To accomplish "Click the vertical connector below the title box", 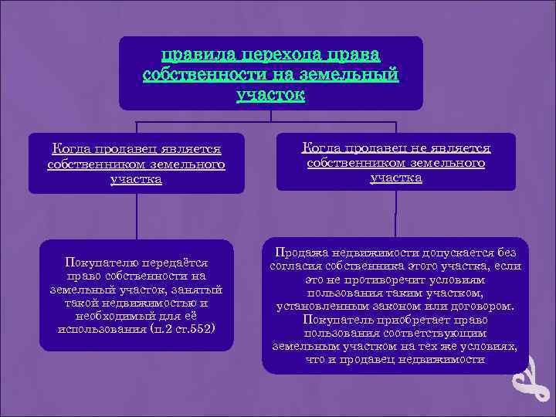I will tap(270, 116).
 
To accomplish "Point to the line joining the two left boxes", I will tap(137, 216).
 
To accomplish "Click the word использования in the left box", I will tap(96, 329).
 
